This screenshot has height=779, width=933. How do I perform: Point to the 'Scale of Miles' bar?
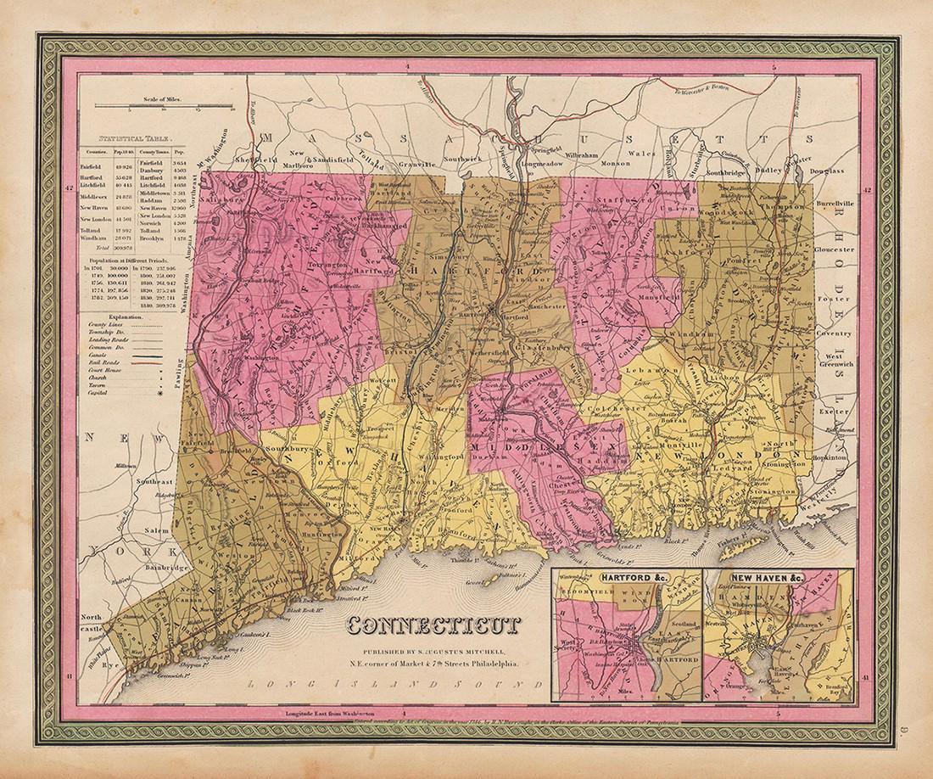click(163, 105)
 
